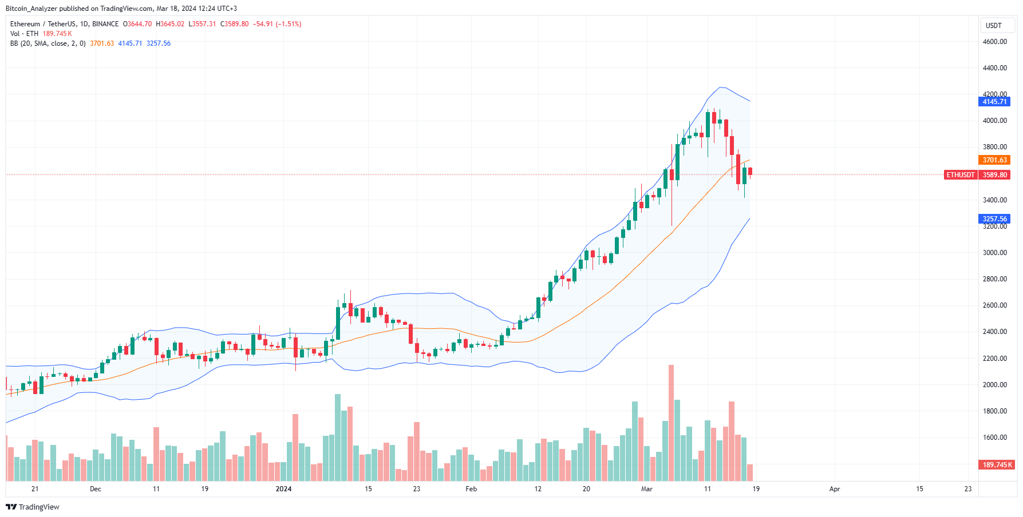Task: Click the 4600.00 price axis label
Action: pos(994,42)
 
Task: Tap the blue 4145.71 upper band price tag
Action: pos(994,102)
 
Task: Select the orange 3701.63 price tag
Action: pos(994,160)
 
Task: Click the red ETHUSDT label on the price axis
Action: pos(960,175)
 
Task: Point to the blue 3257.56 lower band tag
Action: pos(994,219)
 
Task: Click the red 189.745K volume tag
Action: pos(997,465)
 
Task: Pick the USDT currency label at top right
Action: pos(993,26)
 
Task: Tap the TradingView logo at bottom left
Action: pos(33,507)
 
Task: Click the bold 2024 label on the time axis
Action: pos(283,489)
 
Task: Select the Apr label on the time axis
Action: pos(835,489)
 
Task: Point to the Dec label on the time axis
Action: pos(96,489)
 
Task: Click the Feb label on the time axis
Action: pos(471,489)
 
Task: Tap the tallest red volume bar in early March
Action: pos(671,423)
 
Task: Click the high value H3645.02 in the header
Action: pos(170,24)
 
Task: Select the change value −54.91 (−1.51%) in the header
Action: pos(277,24)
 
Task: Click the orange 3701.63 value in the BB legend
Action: pos(102,43)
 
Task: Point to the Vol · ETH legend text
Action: pos(24,34)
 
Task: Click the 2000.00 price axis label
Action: pos(994,385)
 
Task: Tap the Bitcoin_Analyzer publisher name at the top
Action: pos(32,9)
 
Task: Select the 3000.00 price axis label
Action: pos(994,253)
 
